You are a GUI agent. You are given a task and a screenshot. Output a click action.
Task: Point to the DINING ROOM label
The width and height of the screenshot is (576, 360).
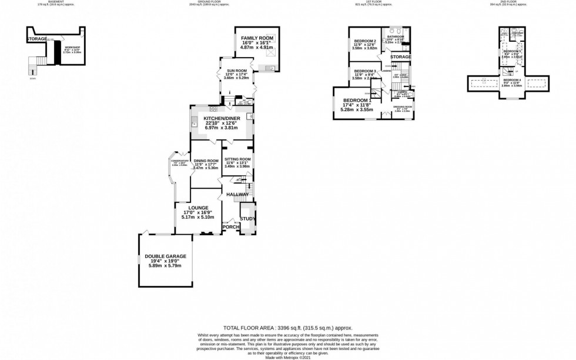point(206,161)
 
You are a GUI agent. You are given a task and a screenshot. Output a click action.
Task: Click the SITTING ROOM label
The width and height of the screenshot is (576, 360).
point(237,159)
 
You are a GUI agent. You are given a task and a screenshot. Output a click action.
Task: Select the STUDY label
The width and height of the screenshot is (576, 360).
point(247,219)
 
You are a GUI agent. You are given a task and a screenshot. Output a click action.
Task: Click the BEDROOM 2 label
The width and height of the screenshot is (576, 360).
point(364,41)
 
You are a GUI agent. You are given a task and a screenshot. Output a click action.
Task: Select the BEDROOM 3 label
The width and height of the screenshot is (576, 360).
point(364,71)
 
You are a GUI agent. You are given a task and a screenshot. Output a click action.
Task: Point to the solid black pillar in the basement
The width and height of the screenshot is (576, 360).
point(57,52)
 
